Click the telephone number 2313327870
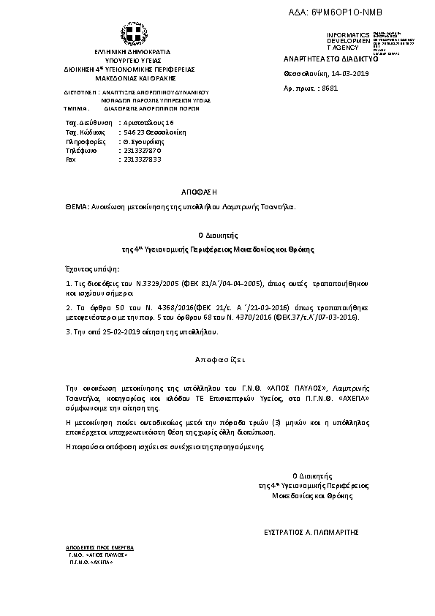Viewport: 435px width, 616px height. [143, 150]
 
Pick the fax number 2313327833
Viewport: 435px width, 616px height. [143, 159]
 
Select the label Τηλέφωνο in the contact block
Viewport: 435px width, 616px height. [81, 150]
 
